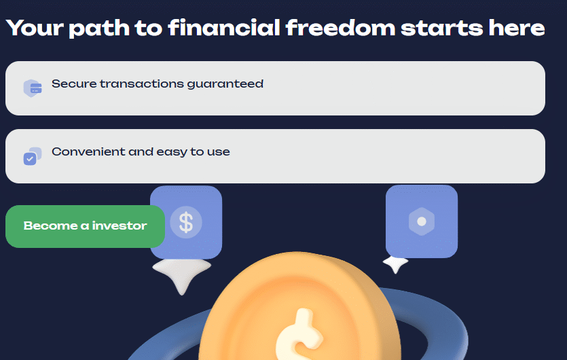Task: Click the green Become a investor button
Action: [85, 226]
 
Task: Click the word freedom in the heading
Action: [340, 28]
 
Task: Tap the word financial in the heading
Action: [224, 28]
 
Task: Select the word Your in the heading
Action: [35, 28]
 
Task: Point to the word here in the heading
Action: [516, 28]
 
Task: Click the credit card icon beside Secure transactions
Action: [33, 88]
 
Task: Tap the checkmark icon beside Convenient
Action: [33, 156]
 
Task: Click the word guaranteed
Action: [225, 84]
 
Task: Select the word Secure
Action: [74, 84]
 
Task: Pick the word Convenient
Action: [88, 151]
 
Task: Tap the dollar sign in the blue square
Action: [186, 222]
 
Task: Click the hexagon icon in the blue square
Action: [422, 221]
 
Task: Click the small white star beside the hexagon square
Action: [396, 264]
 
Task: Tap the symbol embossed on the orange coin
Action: [298, 336]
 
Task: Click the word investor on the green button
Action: [120, 226]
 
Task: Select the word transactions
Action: [142, 84]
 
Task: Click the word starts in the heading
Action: [442, 29]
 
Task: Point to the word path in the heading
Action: [99, 29]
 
